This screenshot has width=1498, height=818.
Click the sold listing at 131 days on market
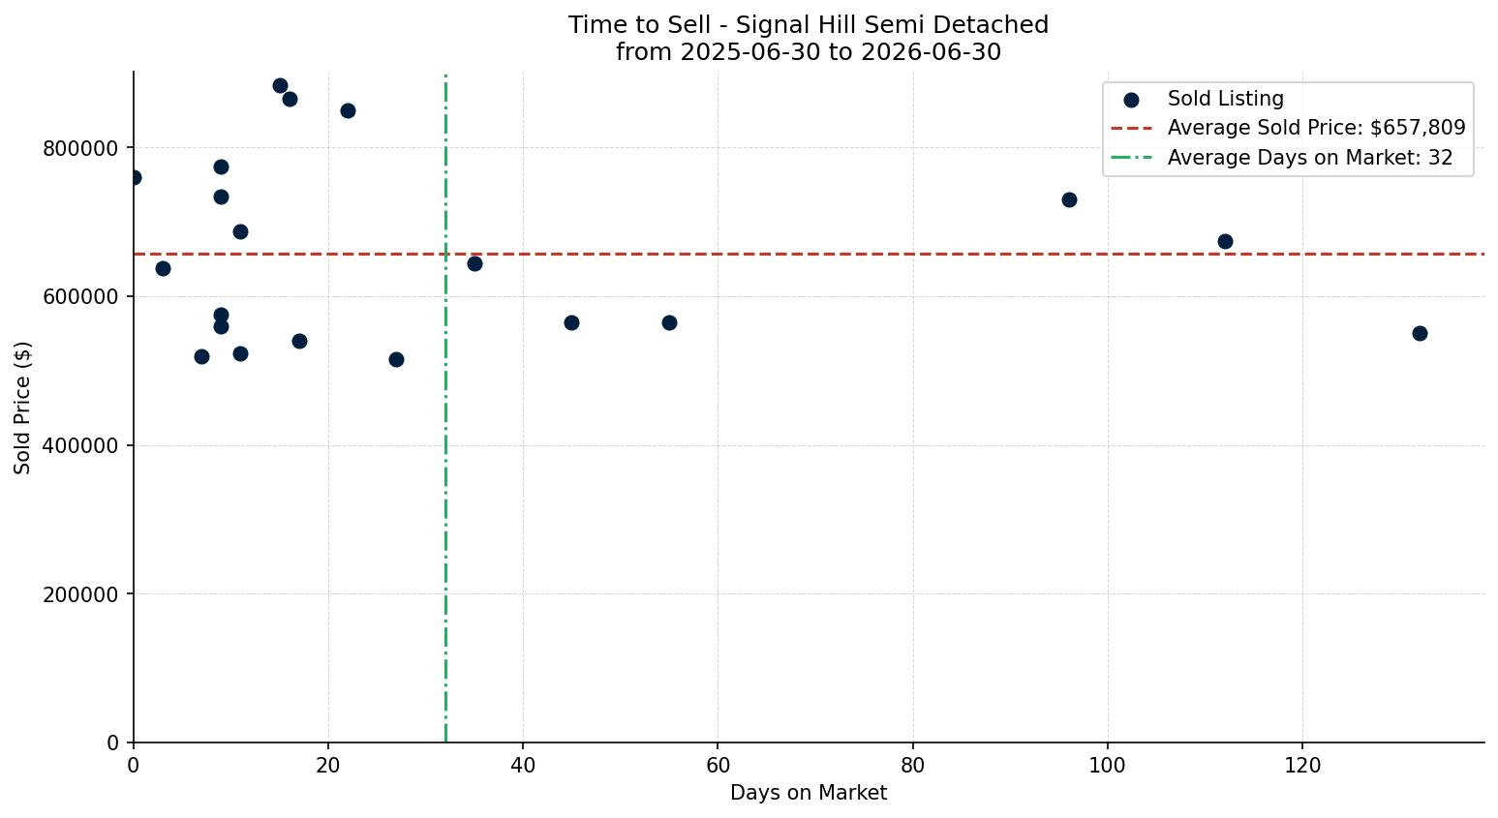point(1420,333)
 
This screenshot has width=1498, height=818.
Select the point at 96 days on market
point(1069,199)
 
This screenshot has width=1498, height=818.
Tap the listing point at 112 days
point(1225,241)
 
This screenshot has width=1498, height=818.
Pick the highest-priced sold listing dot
point(280,85)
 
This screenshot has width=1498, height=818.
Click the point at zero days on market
point(134,178)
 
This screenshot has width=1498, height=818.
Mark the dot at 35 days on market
point(474,264)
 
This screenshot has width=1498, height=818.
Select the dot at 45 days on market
point(571,322)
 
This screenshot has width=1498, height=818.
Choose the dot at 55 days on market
point(669,322)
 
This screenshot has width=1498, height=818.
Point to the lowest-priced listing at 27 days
point(397,359)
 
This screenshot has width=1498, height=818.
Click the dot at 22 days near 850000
point(348,111)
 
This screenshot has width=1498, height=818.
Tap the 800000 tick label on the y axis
point(80,148)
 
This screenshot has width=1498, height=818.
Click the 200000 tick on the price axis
point(80,594)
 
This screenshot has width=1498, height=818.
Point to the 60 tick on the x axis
point(718,766)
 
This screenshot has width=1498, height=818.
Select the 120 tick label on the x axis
point(1302,766)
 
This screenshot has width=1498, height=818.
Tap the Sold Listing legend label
point(1226,99)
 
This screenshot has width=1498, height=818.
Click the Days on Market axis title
point(809,793)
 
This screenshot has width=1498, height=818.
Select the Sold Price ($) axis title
point(22,409)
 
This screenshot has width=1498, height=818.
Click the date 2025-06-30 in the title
point(750,52)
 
